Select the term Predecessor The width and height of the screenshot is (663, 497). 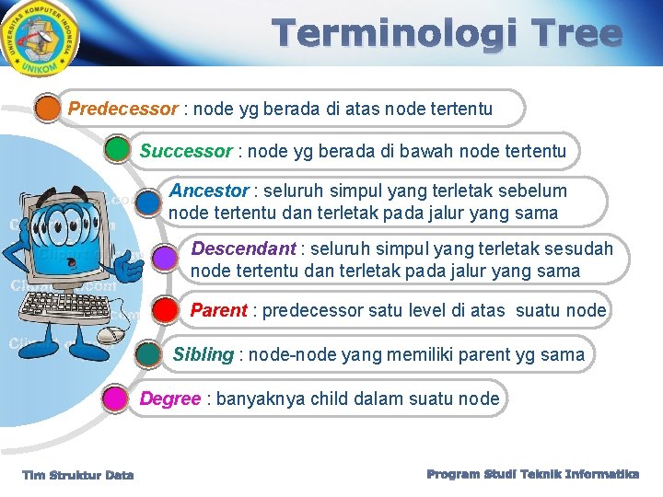coord(122,110)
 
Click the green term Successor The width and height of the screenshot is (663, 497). coord(186,151)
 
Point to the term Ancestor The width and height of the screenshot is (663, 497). coord(209,191)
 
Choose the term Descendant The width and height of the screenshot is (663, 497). coord(243,249)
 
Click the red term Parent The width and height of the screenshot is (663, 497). coord(218,311)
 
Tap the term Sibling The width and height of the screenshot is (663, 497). coord(204,355)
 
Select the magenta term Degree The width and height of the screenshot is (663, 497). coord(170,399)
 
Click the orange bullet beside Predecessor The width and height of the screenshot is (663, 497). coord(47,109)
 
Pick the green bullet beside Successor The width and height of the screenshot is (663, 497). coord(117,149)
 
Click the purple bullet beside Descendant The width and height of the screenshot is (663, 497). coord(165,259)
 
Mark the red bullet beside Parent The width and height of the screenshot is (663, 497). coord(165,309)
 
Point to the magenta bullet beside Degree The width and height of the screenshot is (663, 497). coord(114,399)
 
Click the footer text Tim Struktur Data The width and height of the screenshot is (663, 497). coord(78,475)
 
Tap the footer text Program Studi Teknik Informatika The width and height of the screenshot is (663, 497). coord(533,474)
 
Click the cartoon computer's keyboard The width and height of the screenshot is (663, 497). coord(64,327)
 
